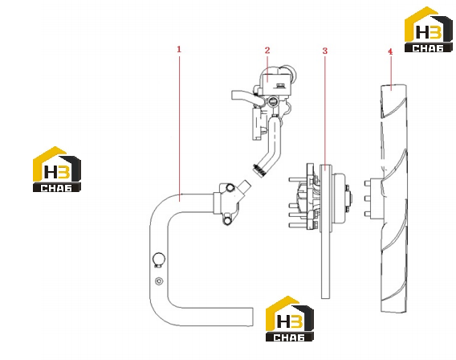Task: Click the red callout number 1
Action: (x=179, y=49)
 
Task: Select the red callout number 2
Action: (x=267, y=51)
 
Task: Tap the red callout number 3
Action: (x=325, y=51)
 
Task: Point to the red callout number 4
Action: (x=390, y=51)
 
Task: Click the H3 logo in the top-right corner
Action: (x=429, y=30)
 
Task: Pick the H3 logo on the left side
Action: (x=57, y=169)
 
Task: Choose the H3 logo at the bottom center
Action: (x=290, y=319)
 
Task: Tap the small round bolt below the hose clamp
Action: (x=159, y=281)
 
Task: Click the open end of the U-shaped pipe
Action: (x=252, y=317)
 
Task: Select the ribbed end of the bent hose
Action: (x=259, y=170)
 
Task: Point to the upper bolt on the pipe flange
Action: (x=230, y=188)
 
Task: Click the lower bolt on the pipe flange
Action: (x=227, y=221)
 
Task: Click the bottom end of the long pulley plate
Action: (x=326, y=297)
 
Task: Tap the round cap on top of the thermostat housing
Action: (x=289, y=72)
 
